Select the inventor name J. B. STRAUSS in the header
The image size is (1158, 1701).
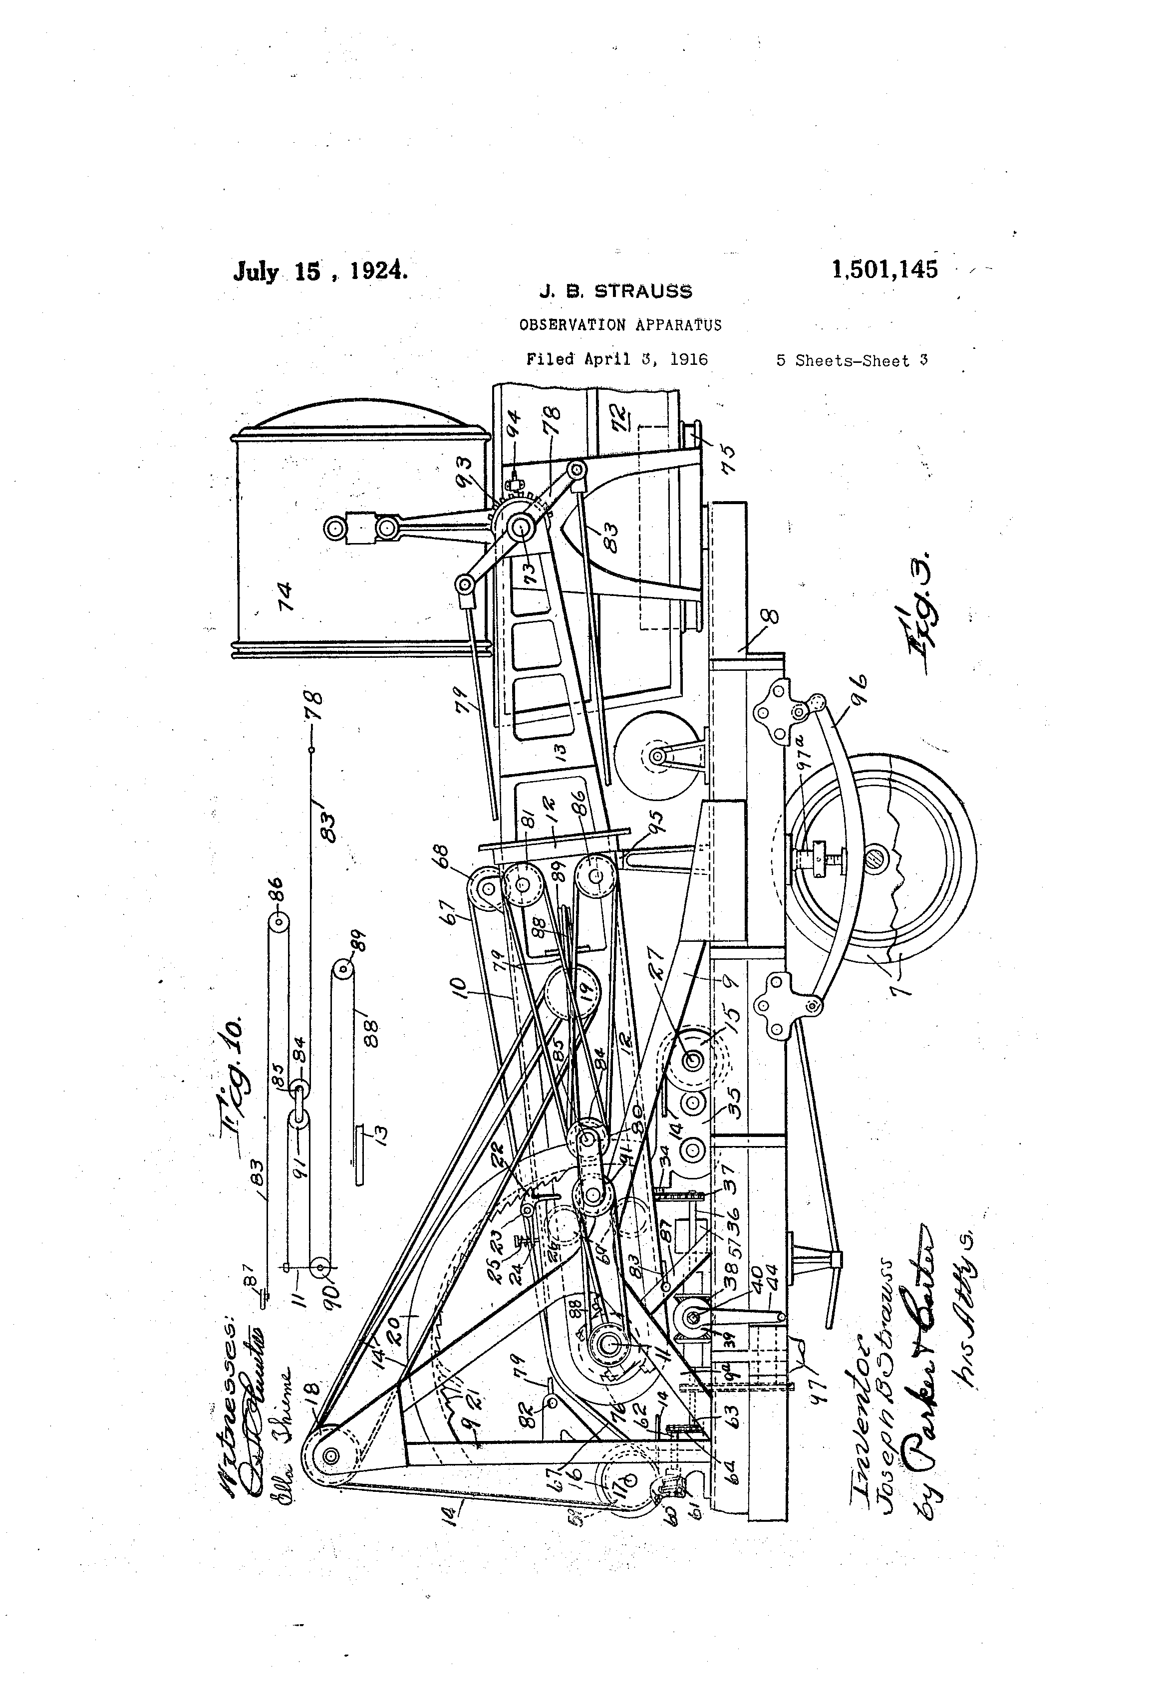(615, 292)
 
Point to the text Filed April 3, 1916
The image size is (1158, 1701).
(617, 359)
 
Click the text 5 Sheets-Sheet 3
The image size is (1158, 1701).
(852, 361)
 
